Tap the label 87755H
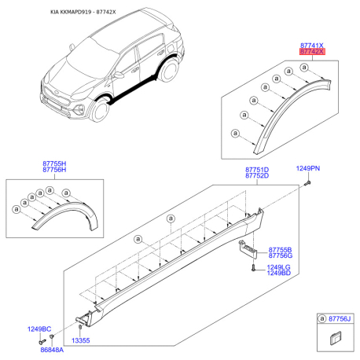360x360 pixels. pyautogui.click(x=54, y=163)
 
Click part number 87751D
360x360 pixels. pyautogui.click(x=257, y=169)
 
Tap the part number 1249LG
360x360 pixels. pyautogui.click(x=278, y=267)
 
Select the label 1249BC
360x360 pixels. pyautogui.click(x=40, y=329)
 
